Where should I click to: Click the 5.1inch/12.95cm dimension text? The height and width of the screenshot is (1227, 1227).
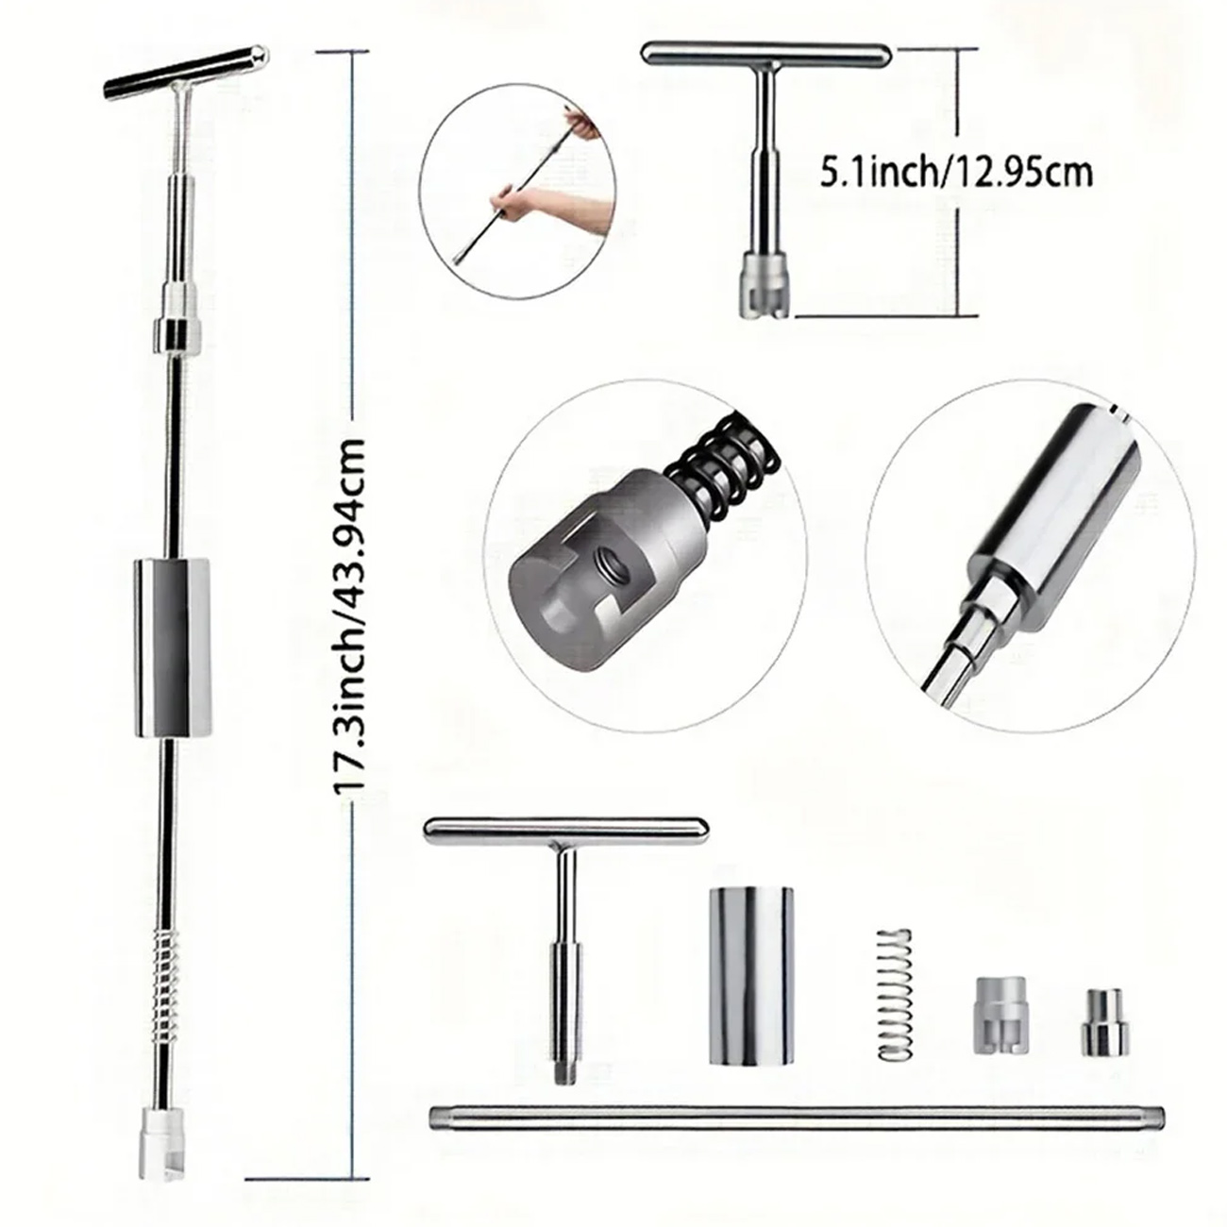pos(955,173)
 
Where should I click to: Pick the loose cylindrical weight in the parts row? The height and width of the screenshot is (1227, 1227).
pos(751,975)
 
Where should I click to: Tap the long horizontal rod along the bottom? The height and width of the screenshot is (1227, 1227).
pos(796,1118)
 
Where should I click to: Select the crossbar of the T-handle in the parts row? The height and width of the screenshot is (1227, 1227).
pos(566,828)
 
